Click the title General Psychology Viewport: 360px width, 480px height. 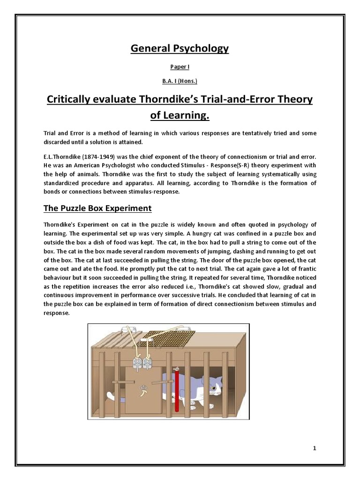180,49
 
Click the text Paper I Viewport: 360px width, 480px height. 180,67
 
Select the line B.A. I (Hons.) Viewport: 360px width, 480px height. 180,81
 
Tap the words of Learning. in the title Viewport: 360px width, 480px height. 180,115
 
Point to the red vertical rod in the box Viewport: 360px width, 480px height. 176,389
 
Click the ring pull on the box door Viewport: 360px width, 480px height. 143,388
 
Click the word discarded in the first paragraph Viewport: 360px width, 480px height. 59,142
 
